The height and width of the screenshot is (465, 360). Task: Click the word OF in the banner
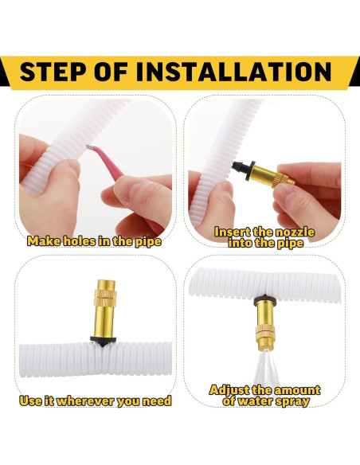(x=112, y=72)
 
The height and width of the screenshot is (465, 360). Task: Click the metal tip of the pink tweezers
(x=90, y=147)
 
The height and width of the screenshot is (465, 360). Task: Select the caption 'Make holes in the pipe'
(x=94, y=241)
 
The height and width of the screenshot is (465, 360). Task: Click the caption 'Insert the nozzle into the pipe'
(x=264, y=237)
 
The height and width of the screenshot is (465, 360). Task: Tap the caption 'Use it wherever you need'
(x=96, y=401)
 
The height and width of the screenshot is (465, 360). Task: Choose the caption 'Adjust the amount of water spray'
(x=264, y=395)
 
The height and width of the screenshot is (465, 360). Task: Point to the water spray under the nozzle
(x=266, y=366)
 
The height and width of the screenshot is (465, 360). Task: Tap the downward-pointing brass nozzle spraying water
(x=264, y=322)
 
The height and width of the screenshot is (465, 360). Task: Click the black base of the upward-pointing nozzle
(x=103, y=341)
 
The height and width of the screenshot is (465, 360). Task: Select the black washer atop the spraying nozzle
(x=264, y=300)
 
